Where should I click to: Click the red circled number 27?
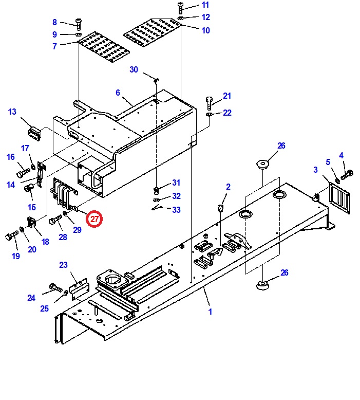[x=94, y=219]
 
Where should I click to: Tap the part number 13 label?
[x=12, y=112]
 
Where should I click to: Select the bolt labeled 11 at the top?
[x=180, y=8]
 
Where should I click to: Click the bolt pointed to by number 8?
[x=78, y=24]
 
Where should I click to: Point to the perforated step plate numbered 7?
[x=104, y=47]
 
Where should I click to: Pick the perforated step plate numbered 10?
[x=153, y=33]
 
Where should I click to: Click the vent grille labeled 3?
[x=339, y=198]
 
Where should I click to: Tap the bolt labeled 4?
[x=347, y=175]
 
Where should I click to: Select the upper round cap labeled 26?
[x=262, y=164]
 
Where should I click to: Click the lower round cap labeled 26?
[x=262, y=285]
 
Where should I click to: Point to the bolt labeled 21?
[x=209, y=103]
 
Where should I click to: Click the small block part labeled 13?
[x=34, y=134]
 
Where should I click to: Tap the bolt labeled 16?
[x=23, y=172]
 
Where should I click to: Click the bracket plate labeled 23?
[x=79, y=289]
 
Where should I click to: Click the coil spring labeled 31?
[x=157, y=190]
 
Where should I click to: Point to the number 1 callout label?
[x=210, y=312]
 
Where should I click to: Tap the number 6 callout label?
[x=118, y=93]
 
